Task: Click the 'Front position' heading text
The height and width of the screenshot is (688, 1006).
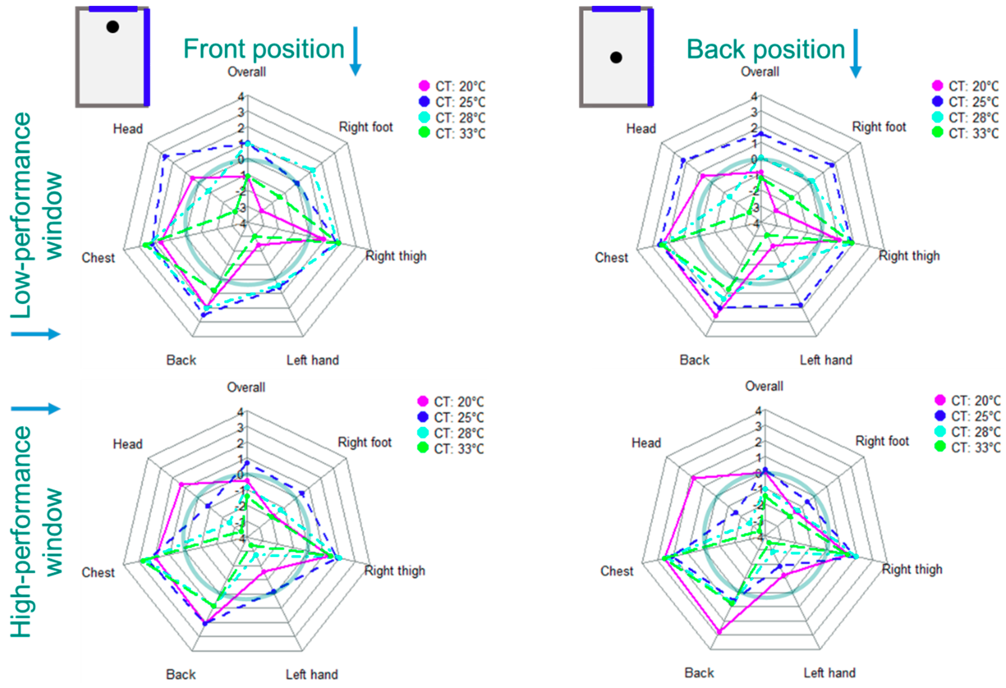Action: click(264, 49)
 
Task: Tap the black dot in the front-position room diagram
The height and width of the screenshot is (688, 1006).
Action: click(112, 27)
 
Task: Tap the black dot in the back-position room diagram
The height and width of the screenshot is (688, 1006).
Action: click(616, 57)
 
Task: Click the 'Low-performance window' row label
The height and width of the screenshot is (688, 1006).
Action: click(36, 215)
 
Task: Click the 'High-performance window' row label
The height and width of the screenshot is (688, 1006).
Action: click(36, 532)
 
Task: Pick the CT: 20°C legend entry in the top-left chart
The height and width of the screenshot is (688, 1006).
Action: click(452, 86)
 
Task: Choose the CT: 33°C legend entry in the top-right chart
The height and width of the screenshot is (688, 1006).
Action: click(965, 133)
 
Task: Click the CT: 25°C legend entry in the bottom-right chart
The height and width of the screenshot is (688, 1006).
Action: click(967, 416)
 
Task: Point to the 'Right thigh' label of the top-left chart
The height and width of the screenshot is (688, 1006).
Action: click(396, 256)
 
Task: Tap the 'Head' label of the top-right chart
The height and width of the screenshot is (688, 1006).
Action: click(641, 129)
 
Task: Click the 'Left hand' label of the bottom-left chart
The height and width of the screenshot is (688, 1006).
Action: click(312, 674)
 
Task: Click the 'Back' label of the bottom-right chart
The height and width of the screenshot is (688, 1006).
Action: click(699, 673)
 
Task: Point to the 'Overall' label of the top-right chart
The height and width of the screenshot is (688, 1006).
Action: click(760, 72)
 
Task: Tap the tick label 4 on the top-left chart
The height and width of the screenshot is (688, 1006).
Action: click(241, 97)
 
